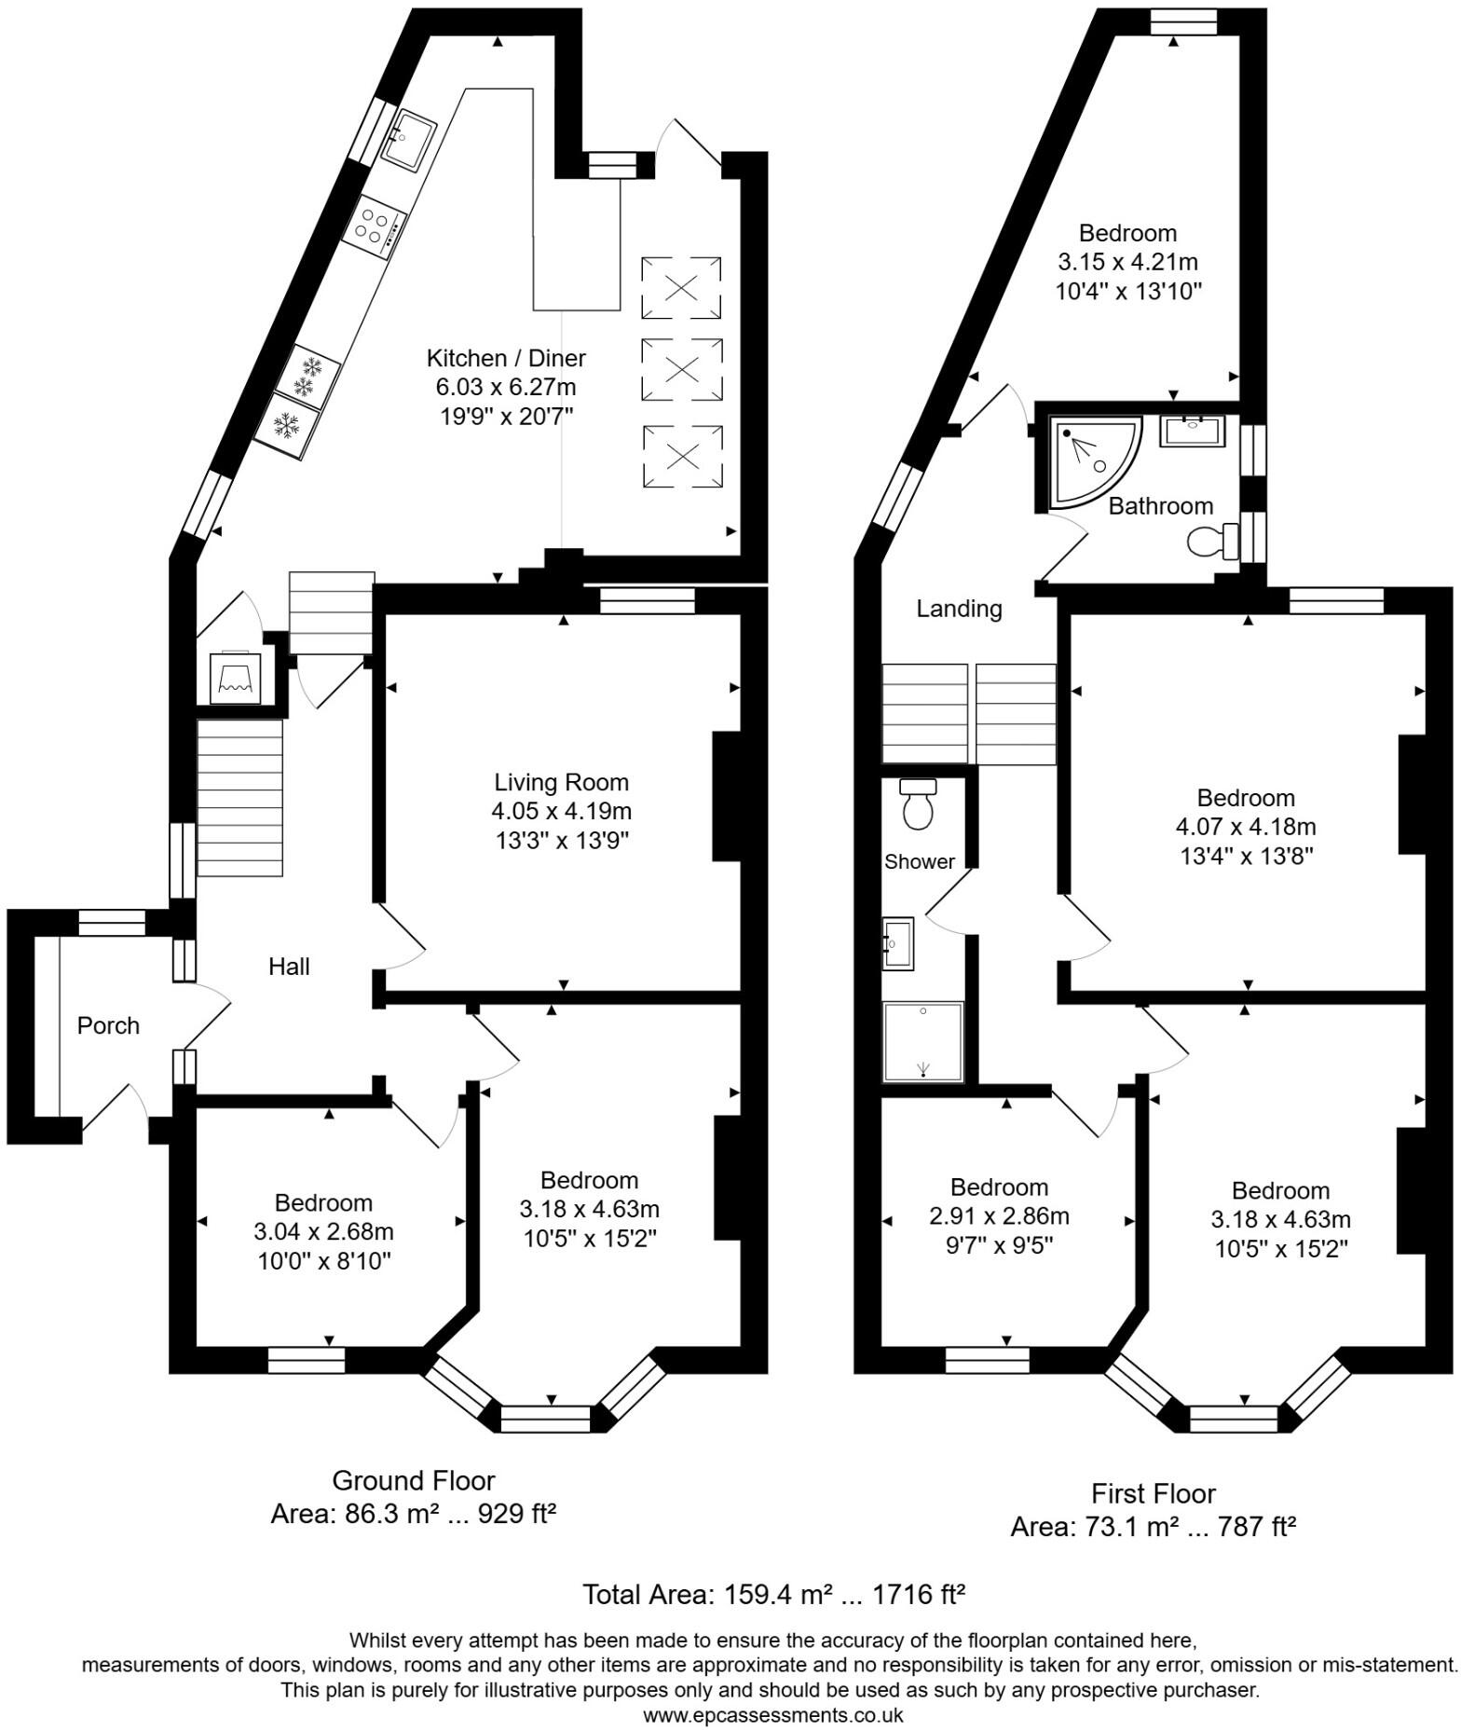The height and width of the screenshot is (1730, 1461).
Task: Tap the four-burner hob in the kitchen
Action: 374,227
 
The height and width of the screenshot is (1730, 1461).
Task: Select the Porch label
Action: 108,1025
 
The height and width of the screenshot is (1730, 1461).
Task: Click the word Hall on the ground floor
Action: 289,967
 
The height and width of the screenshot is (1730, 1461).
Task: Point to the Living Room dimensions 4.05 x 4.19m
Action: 562,811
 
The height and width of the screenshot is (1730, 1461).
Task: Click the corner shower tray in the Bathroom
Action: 1090,460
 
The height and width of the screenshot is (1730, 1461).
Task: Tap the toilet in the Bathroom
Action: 1213,541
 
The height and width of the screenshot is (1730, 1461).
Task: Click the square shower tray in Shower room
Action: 922,1042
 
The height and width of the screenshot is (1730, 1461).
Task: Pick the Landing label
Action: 959,609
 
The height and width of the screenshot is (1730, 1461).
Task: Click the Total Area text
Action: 772,1594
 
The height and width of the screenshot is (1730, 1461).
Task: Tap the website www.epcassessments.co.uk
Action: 772,1715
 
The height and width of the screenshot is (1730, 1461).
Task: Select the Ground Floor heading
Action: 414,1480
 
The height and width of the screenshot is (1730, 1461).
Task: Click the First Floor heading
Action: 1154,1494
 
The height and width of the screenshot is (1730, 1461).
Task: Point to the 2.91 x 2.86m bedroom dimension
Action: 999,1216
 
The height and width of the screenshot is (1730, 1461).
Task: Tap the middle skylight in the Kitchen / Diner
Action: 682,369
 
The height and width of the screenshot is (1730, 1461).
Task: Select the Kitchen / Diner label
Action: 506,358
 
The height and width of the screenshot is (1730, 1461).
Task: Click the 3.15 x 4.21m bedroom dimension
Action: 1127,262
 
